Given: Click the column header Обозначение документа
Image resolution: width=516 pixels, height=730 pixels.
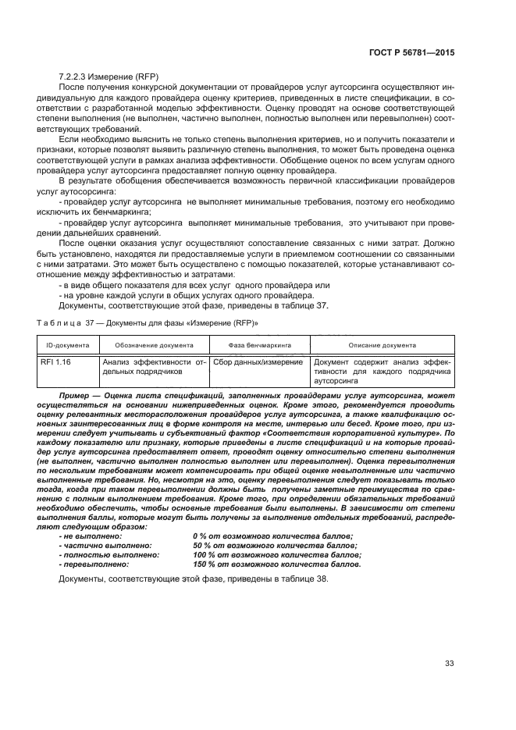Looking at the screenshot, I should click(154, 344).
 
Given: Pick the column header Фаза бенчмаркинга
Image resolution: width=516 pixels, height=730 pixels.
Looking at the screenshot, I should click(259, 344).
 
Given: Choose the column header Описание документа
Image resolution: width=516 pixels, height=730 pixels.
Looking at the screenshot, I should click(382, 344).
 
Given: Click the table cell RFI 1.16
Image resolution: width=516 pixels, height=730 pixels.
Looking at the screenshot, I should click(55, 361).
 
